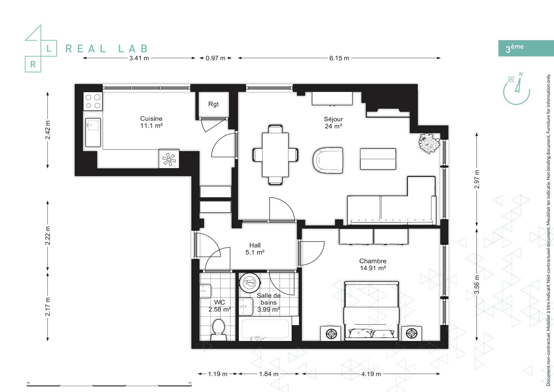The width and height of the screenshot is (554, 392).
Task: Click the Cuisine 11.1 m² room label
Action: (x=151, y=122)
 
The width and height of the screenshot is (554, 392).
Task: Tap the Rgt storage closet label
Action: (x=213, y=104)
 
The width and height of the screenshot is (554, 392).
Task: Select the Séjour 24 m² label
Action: (x=333, y=122)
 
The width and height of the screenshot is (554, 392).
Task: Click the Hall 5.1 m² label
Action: (x=255, y=249)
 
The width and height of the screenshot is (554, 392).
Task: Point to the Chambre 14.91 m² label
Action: (x=373, y=264)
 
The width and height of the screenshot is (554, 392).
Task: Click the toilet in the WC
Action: (x=218, y=329)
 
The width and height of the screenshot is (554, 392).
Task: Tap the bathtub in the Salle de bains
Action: (x=265, y=329)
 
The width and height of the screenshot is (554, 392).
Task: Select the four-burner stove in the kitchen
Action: (x=93, y=101)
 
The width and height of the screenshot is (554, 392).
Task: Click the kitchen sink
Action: (x=93, y=132)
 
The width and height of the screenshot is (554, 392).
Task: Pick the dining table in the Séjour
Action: (x=275, y=155)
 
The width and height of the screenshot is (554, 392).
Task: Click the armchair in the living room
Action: (x=328, y=160)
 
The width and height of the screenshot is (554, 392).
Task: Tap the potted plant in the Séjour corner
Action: (x=429, y=143)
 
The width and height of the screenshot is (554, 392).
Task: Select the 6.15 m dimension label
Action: (x=339, y=58)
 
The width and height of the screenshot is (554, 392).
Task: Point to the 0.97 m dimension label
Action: (x=215, y=58)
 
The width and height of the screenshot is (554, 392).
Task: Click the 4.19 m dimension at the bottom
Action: (x=371, y=374)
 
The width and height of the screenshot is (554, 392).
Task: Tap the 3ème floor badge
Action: (x=525, y=48)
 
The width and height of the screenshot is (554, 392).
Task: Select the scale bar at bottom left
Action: (x=109, y=385)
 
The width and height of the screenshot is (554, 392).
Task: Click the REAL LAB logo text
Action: (x=107, y=49)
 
